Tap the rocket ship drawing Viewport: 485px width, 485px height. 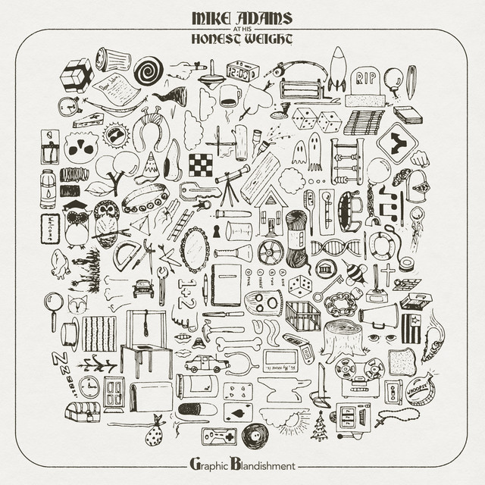pyautogui.click(x=338, y=68)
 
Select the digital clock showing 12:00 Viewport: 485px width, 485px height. pyautogui.click(x=242, y=72)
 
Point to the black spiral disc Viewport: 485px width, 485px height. pyautogui.click(x=149, y=70)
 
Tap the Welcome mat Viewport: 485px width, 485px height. pyautogui.click(x=50, y=227)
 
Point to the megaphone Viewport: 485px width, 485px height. pyautogui.click(x=379, y=314)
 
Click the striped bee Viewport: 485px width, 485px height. pyautogui.click(x=354, y=273)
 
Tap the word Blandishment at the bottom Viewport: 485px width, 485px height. pyautogui.click(x=262, y=460)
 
